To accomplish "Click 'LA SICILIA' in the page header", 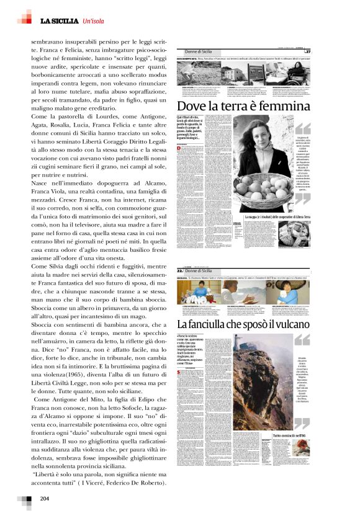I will point(60,22).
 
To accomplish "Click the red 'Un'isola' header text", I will point(96,22).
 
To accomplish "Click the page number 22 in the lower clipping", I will point(180,271).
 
